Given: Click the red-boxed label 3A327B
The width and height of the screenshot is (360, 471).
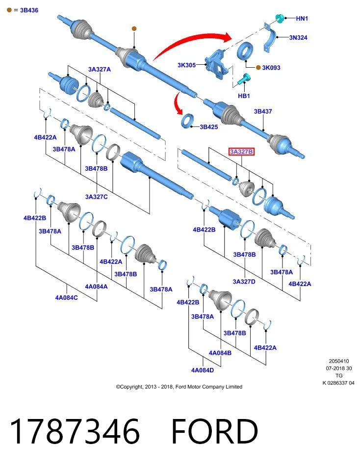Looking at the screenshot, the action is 241,152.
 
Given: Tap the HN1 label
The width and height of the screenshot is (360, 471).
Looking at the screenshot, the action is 302,19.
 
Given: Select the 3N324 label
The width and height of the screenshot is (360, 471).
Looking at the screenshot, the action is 298,38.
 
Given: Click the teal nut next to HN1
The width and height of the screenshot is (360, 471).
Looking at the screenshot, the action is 280,18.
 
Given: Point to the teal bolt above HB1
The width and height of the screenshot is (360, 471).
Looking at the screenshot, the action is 243,79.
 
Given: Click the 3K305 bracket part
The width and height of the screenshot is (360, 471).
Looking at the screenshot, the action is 217,64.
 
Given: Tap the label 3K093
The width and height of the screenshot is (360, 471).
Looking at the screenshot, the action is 271,68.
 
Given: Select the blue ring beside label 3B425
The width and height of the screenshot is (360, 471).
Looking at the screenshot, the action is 187,121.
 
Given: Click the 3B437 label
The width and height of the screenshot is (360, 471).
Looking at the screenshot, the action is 263,111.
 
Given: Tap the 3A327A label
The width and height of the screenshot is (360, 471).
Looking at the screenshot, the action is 100,69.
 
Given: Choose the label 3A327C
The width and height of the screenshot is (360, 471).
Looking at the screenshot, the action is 97,197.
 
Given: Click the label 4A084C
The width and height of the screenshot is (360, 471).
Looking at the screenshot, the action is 66,298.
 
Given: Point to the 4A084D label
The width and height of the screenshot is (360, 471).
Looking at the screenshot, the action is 203,370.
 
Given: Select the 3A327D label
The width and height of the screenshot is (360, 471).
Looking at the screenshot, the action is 244,282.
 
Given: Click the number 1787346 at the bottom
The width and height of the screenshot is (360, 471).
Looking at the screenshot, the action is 75,431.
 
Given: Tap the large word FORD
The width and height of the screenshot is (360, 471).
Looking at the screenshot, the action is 215,431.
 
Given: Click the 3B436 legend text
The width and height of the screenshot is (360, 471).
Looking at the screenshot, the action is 29,10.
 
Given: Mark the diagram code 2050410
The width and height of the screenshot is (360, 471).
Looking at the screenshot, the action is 339,361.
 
